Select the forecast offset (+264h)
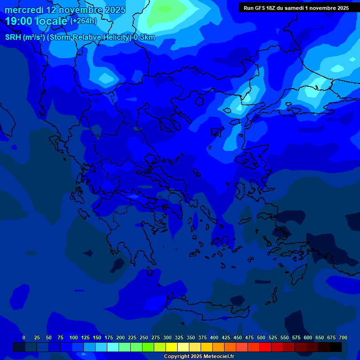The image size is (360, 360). pyautogui.click(x=84, y=21)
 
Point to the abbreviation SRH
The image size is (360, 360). pyautogui.click(x=13, y=37)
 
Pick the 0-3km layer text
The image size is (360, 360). pyautogui.click(x=144, y=37)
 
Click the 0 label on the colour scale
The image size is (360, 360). pyautogui.click(x=24, y=337)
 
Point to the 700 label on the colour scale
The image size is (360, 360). pyautogui.click(x=343, y=337)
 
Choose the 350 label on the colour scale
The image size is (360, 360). pyautogui.click(x=191, y=337)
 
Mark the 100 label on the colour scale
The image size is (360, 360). pyautogui.click(x=74, y=337)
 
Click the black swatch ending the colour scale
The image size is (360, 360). pyautogui.click(x=336, y=347)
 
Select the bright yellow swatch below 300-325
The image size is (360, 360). pyautogui.click(x=172, y=347)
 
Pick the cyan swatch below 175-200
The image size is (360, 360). pyautogui.click(x=113, y=347)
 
